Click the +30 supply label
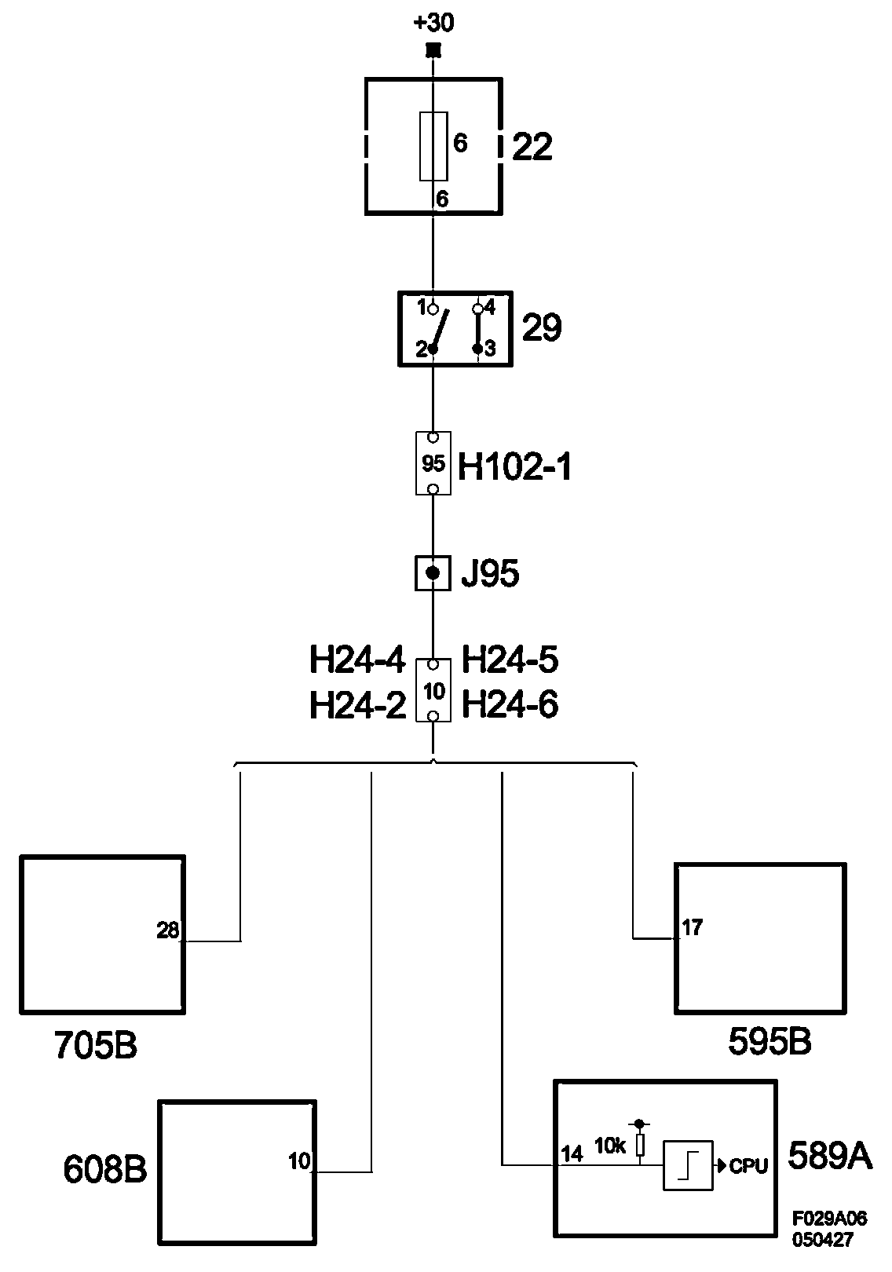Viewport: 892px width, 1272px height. [433, 23]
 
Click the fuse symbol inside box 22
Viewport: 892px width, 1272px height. [433, 145]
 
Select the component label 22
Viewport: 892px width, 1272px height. [532, 147]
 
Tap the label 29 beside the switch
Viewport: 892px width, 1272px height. [542, 327]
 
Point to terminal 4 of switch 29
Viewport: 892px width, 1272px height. [489, 307]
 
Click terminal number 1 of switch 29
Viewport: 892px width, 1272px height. [422, 306]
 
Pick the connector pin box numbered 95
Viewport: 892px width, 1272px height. [433, 463]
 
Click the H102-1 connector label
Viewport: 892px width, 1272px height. [514, 469]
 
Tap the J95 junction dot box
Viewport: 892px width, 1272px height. [433, 573]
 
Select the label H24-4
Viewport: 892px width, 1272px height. [357, 660]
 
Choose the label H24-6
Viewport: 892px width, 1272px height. [510, 705]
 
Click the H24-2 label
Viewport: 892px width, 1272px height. [357, 706]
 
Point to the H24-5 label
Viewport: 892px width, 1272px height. [510, 660]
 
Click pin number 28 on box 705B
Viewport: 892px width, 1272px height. [167, 930]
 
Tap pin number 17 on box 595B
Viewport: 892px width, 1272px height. [693, 928]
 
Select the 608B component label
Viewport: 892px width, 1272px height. [105, 1170]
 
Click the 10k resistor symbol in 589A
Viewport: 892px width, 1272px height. [640, 1146]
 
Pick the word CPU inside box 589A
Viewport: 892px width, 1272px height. [748, 1166]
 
